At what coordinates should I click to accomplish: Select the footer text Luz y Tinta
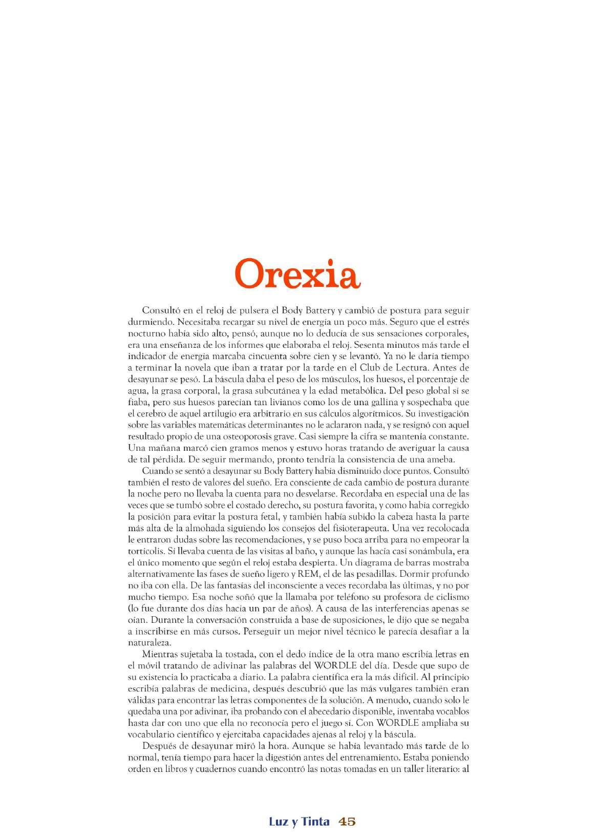tap(299, 822)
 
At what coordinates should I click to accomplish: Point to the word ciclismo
tap(451, 597)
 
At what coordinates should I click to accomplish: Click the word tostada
tap(222, 654)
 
